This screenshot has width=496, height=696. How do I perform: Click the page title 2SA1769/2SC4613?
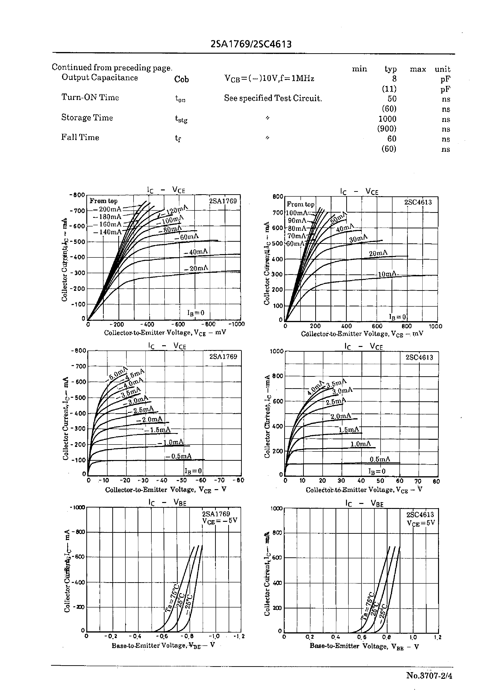(x=251, y=45)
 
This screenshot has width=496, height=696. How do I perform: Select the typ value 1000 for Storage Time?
(x=387, y=119)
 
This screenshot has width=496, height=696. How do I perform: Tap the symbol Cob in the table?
(x=181, y=79)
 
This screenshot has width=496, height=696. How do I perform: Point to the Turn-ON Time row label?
(x=90, y=97)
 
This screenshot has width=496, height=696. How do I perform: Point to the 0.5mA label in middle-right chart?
(x=380, y=459)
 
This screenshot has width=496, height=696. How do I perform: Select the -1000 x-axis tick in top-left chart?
(x=237, y=324)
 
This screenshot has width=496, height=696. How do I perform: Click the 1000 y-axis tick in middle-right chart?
(x=277, y=351)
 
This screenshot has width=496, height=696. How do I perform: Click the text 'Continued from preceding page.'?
(x=112, y=68)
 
